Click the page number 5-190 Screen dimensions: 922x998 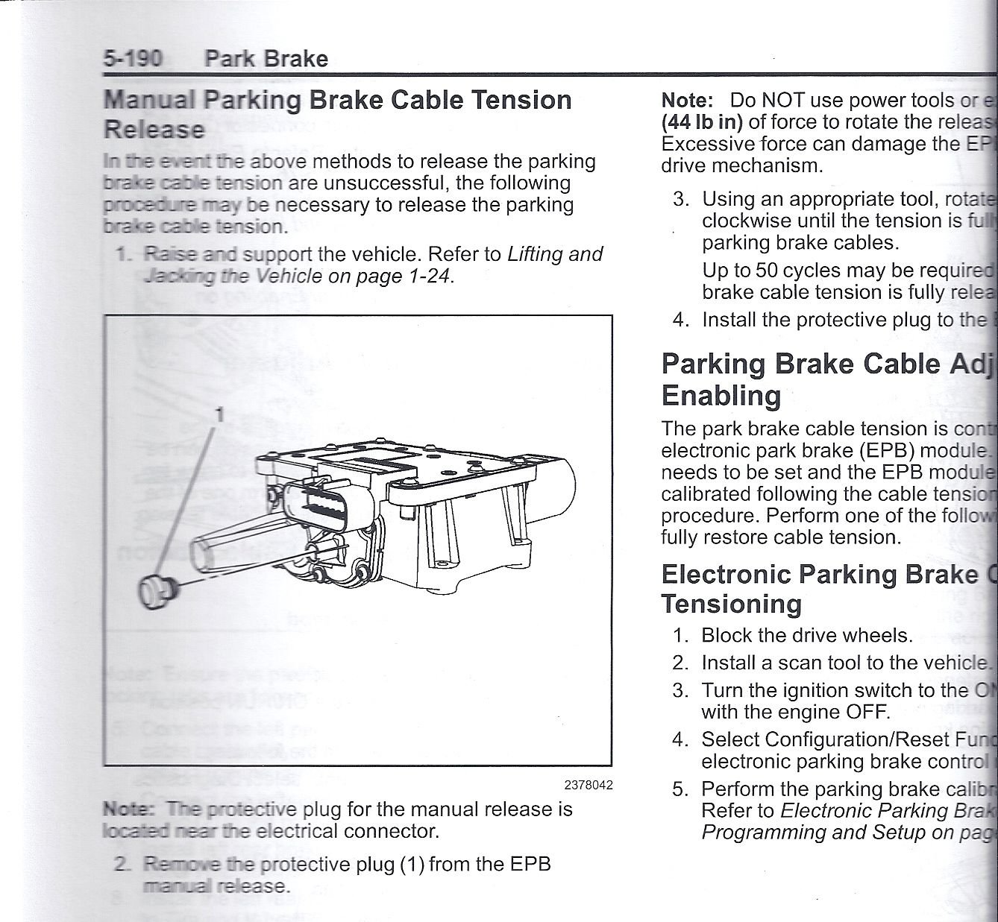[x=132, y=58]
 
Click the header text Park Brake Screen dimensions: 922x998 [x=266, y=58]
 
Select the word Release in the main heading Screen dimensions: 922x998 [x=154, y=129]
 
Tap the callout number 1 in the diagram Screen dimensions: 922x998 [x=219, y=414]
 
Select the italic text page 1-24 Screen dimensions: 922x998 [x=418, y=276]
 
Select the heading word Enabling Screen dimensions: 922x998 [x=721, y=394]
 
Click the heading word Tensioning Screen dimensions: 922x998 [x=731, y=604]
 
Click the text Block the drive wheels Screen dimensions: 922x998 [x=806, y=635]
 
